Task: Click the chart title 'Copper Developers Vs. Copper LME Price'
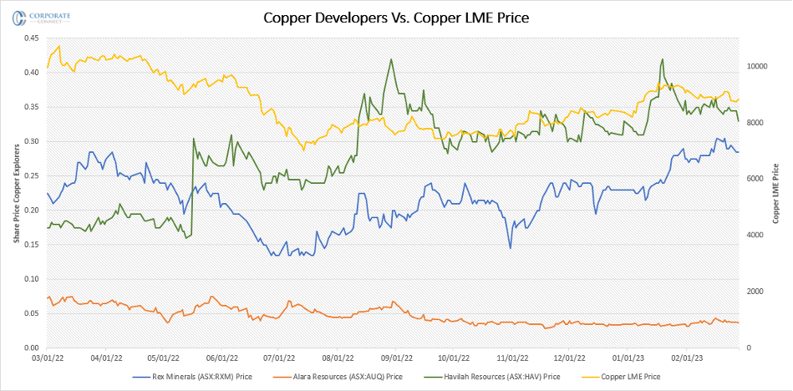396,17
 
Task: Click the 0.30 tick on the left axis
31,141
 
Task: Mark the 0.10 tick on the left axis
31,279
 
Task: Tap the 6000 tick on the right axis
757,179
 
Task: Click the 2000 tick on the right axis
757,292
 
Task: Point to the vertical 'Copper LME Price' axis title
776,192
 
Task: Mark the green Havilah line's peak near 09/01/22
391,59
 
